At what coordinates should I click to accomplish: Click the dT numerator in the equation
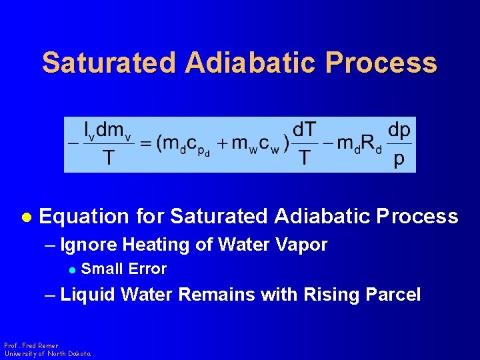pyautogui.click(x=305, y=129)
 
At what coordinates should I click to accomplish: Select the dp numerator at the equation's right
pyautogui.click(x=399, y=129)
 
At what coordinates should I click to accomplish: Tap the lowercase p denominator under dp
pyautogui.click(x=399, y=160)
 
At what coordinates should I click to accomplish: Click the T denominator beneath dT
pyautogui.click(x=305, y=159)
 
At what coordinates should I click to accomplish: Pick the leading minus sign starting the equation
pyautogui.click(x=73, y=143)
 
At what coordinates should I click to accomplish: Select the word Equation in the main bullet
pyautogui.click(x=84, y=217)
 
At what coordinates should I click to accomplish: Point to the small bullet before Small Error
pyautogui.click(x=73, y=269)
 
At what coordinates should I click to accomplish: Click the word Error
pyautogui.click(x=147, y=269)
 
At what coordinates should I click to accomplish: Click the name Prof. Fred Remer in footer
pyautogui.click(x=31, y=346)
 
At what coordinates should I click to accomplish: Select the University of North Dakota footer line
pyautogui.click(x=47, y=354)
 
